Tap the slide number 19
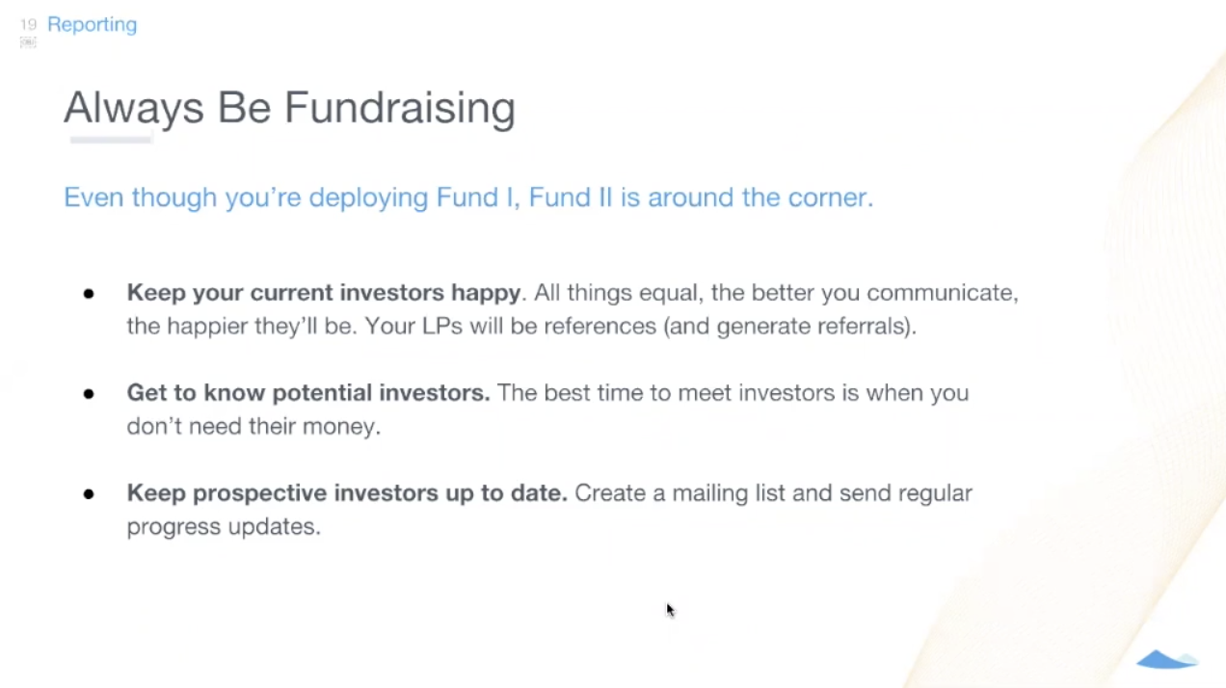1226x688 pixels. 28,24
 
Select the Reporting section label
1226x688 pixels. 92,24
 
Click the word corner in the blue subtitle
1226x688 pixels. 828,198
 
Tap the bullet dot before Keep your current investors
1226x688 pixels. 89,293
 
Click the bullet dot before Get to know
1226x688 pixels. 89,393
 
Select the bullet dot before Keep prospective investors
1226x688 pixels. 89,493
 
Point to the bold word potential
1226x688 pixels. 322,393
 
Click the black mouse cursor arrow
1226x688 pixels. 670,610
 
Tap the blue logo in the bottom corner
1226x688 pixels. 1166,660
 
